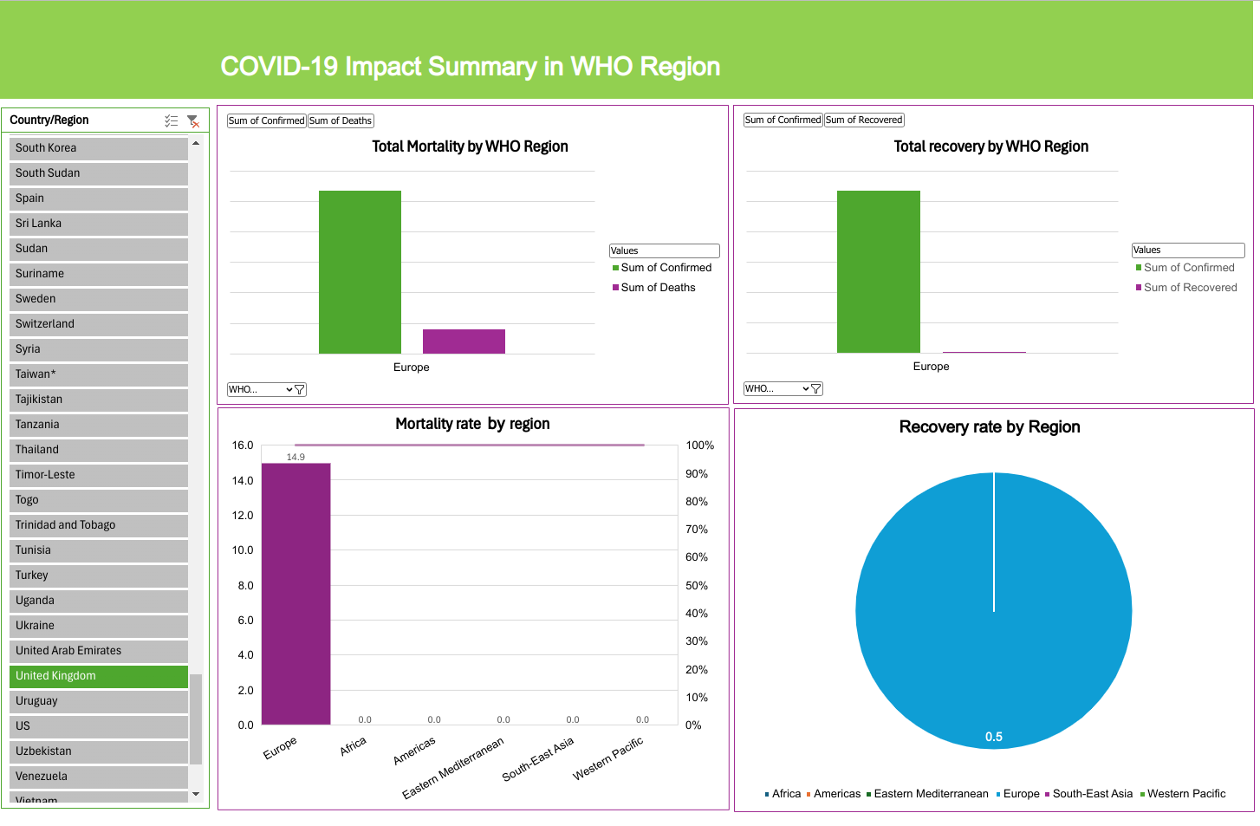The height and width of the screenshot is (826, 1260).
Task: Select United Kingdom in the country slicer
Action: pyautogui.click(x=98, y=676)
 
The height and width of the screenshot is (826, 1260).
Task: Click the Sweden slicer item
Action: pyautogui.click(x=98, y=299)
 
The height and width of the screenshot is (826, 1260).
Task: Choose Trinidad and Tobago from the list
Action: pyautogui.click(x=98, y=525)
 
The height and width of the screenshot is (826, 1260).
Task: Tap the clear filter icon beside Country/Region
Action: pyautogui.click(x=193, y=121)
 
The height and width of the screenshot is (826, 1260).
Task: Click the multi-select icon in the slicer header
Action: pyautogui.click(x=172, y=121)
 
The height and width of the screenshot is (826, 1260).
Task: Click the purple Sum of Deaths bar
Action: pyautogui.click(x=464, y=341)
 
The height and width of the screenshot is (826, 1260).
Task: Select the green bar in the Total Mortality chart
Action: pyautogui.click(x=360, y=271)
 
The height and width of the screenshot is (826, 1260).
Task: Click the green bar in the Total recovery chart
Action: pyautogui.click(x=878, y=271)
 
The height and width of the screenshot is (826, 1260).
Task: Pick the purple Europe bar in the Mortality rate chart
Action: pyautogui.click(x=296, y=594)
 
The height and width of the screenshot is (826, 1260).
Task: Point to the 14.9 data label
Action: pyautogui.click(x=296, y=457)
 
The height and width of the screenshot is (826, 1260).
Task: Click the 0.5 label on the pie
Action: pyautogui.click(x=993, y=737)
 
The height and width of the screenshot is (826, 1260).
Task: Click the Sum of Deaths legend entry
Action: pyautogui.click(x=658, y=288)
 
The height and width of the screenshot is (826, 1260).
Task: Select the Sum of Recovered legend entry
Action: pyautogui.click(x=1190, y=288)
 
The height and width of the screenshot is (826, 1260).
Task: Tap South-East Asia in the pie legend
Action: pyautogui.click(x=1092, y=794)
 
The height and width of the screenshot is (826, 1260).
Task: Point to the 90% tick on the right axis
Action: pyautogui.click(x=697, y=474)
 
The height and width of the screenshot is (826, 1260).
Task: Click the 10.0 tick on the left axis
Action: pyautogui.click(x=243, y=550)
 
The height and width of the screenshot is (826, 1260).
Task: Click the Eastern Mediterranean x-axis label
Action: pyautogui.click(x=453, y=769)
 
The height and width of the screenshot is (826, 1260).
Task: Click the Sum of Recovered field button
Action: pyautogui.click(x=864, y=120)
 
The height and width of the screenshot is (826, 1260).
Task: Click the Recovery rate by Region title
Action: pyautogui.click(x=990, y=427)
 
